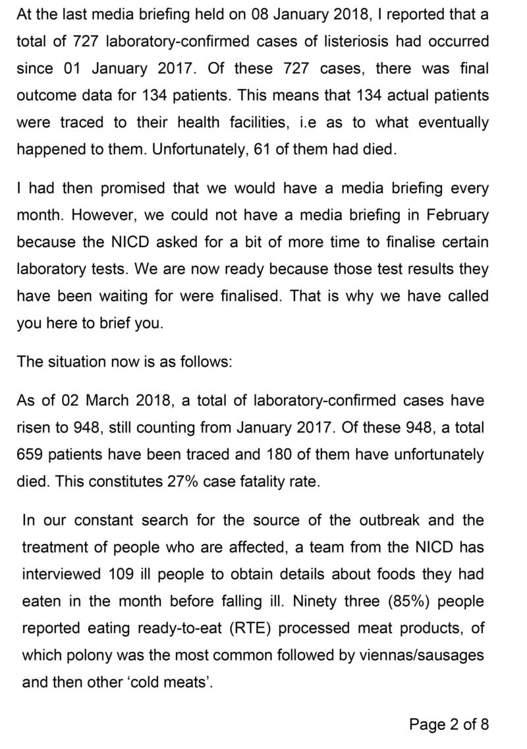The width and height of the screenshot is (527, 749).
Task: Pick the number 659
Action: pos(33,454)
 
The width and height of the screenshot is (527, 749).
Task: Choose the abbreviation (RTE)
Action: pos(250,628)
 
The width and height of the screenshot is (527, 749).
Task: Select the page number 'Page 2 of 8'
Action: pos(449,725)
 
